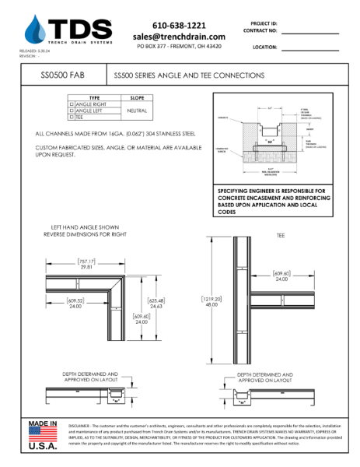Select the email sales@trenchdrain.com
[x=179, y=37]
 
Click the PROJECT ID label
[x=265, y=24]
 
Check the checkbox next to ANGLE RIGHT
[x=72, y=104]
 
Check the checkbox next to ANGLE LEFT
[x=72, y=111]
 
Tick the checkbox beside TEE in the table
[x=72, y=117]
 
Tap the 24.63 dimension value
[x=156, y=307]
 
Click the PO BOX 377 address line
[x=179, y=47]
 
